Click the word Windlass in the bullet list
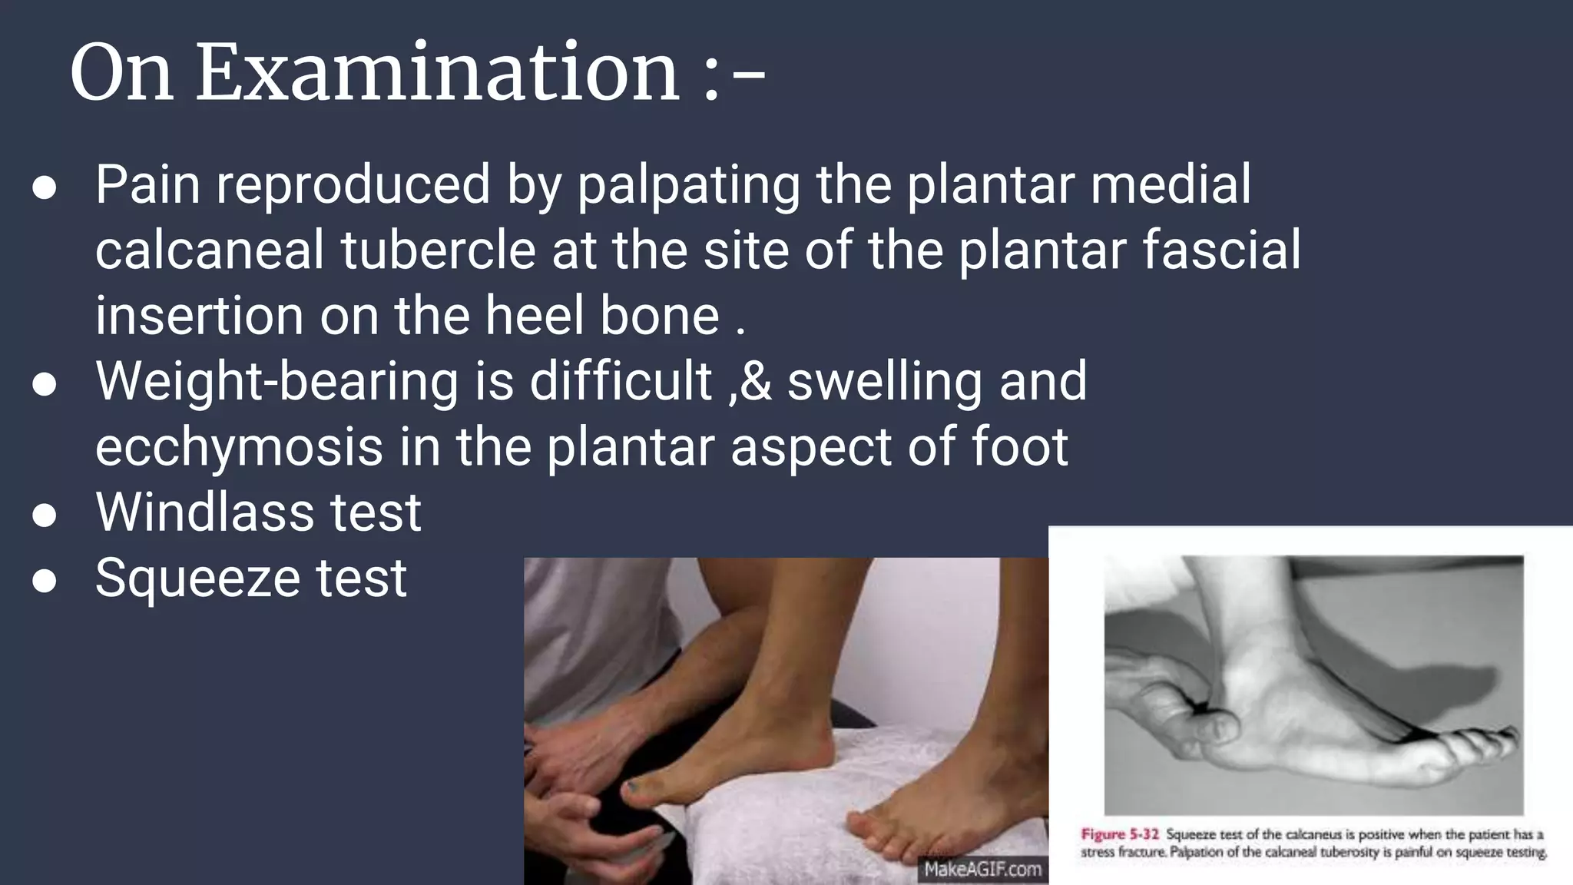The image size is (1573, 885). tap(204, 512)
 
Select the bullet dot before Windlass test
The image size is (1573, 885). tap(45, 515)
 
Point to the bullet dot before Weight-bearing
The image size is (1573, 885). tap(45, 385)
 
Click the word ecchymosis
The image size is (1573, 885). tap(239, 447)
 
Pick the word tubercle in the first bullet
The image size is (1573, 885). tap(438, 250)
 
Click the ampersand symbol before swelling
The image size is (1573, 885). tap(756, 382)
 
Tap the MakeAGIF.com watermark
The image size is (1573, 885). tap(982, 870)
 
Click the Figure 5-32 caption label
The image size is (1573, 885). tap(1119, 834)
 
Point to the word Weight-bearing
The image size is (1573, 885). tap(277, 382)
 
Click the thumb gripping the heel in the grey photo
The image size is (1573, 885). tap(1210, 726)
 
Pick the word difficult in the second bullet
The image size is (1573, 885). tap(621, 382)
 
